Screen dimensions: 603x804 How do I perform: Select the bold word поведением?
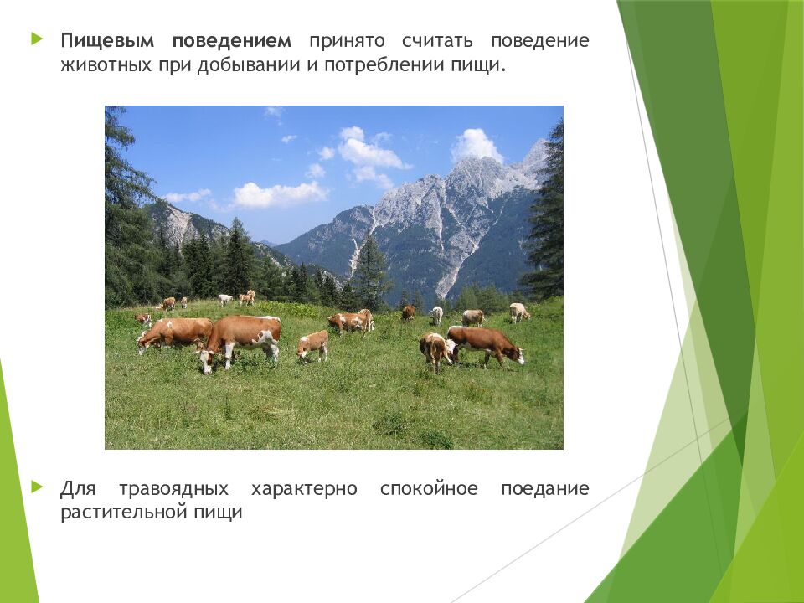coord(232,41)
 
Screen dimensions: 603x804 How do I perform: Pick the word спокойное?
coord(429,488)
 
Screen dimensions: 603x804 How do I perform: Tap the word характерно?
coord(304,488)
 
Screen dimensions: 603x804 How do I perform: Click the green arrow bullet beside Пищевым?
coord(36,39)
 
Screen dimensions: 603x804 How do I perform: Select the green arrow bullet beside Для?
coord(36,485)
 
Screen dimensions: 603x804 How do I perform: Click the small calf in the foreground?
coord(313,344)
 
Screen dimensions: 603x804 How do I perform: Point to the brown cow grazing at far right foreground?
coord(486,344)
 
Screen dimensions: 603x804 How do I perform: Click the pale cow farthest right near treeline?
coord(519,312)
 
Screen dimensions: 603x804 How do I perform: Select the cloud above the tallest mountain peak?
coord(476,145)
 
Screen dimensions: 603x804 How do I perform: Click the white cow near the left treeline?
coord(224,299)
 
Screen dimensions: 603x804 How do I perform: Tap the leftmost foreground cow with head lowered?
coord(173,333)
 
